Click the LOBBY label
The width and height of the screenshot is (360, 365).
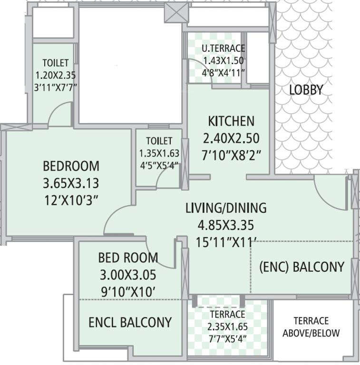(306, 89)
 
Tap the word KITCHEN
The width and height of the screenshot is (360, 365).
(231, 121)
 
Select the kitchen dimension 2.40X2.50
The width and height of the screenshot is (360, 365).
(231, 138)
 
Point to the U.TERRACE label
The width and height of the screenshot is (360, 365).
(223, 48)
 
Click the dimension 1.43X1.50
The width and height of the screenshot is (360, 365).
(223, 61)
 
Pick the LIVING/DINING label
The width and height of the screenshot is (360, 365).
(226, 208)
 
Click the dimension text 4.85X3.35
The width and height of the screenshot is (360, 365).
(226, 224)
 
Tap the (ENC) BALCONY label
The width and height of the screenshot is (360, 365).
(302, 267)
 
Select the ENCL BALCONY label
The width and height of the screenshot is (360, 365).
(130, 322)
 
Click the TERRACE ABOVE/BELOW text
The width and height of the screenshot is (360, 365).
(311, 327)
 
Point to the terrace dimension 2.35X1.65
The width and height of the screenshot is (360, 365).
(226, 327)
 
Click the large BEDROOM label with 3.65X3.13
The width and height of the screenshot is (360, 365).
(71, 166)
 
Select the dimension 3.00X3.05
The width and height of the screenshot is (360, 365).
(127, 275)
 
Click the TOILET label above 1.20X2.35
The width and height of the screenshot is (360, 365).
(56, 63)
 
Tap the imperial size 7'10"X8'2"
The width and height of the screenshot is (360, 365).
(231, 155)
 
